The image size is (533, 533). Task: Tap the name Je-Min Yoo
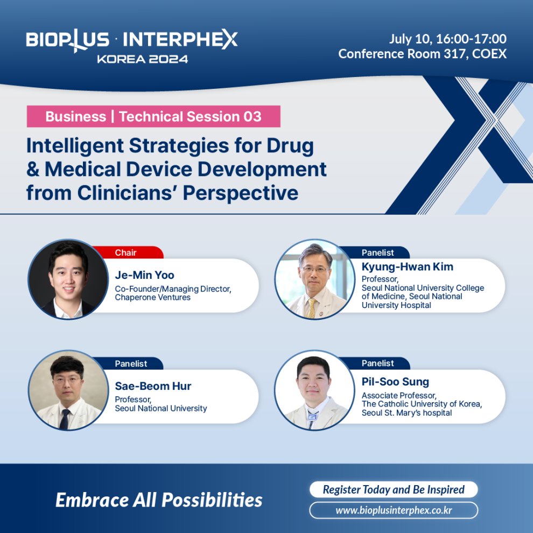(x=144, y=275)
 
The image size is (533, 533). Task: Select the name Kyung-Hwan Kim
(x=407, y=267)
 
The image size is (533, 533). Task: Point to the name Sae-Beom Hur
(x=153, y=386)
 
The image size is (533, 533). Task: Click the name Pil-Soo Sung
(x=395, y=382)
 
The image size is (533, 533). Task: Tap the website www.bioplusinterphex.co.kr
(x=394, y=510)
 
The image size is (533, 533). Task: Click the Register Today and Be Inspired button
(x=394, y=489)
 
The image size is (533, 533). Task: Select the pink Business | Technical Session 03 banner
(x=153, y=116)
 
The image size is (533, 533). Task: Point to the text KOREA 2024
(x=143, y=59)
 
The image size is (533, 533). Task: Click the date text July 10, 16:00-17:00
(x=448, y=39)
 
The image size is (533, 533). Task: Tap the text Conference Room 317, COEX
(x=422, y=54)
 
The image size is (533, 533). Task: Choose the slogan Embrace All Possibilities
(x=159, y=500)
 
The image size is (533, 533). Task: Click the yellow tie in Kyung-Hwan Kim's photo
(x=311, y=307)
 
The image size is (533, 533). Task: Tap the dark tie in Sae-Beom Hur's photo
(x=64, y=419)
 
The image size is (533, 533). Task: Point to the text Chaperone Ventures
(x=152, y=297)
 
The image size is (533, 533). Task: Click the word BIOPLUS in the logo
(x=68, y=39)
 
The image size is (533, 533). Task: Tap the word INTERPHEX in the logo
(x=180, y=39)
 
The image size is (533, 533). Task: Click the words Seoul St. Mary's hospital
(x=406, y=413)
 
